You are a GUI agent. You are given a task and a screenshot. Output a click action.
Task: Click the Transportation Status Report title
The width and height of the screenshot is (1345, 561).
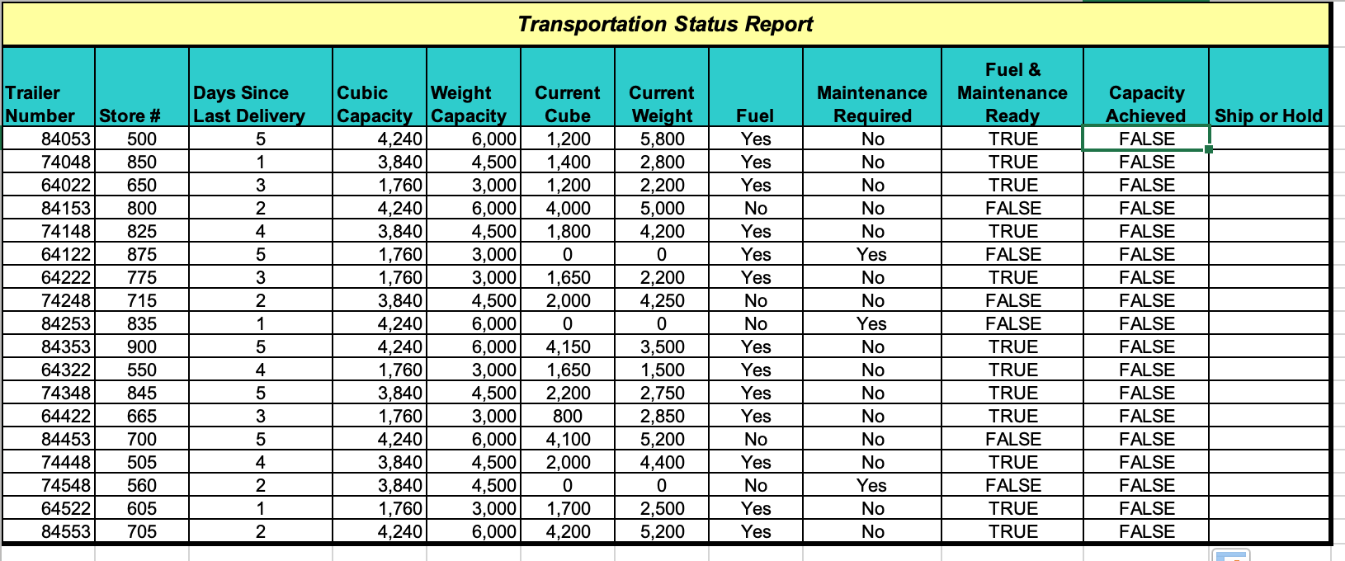point(665,24)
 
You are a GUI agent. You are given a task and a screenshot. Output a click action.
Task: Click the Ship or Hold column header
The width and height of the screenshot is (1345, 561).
point(1268,115)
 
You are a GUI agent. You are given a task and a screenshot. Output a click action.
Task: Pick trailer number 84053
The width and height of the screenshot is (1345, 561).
point(66,139)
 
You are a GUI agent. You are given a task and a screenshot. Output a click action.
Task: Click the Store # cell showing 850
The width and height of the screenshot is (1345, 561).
point(142,162)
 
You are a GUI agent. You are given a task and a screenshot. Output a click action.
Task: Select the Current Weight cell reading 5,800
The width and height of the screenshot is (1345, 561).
point(662,139)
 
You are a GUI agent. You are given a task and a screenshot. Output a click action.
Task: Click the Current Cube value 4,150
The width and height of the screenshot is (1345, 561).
point(568,346)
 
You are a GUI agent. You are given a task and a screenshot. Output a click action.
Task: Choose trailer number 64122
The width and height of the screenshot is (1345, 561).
point(66,254)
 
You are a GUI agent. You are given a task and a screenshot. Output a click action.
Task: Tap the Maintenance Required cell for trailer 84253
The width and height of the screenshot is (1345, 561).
point(871,323)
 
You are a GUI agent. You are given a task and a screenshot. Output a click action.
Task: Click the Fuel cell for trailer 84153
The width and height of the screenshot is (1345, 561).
point(755,208)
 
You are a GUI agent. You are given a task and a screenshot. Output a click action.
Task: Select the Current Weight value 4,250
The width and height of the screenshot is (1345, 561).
point(662,300)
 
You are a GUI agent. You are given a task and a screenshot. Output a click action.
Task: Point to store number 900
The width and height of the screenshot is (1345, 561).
point(142,346)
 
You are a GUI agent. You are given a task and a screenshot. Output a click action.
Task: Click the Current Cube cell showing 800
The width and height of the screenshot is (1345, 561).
point(568,416)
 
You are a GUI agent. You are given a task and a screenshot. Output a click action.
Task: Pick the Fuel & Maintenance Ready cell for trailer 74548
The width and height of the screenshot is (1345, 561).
point(1012,485)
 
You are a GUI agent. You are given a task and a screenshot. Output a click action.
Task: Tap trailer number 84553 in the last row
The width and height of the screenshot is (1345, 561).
point(66,531)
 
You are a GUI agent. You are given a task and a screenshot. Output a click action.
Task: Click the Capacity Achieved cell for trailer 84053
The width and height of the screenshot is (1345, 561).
point(1146,139)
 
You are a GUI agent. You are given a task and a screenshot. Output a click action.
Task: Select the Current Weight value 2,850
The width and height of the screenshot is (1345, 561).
point(662,416)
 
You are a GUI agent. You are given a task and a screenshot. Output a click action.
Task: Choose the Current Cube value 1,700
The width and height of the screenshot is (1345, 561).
point(568,508)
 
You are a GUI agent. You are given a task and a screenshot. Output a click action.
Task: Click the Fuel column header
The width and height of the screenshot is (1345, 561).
point(755,115)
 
